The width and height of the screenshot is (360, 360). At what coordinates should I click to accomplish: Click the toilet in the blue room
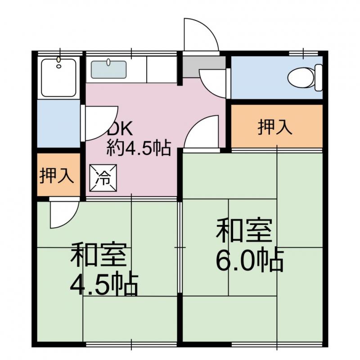click(x=301, y=77)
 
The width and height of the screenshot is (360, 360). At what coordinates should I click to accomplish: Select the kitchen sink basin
click(x=108, y=70)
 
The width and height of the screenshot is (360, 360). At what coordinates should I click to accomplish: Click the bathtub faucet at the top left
click(x=58, y=60)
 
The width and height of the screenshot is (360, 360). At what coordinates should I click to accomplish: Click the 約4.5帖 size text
click(x=139, y=147)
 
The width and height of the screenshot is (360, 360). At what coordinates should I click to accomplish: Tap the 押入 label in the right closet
click(x=275, y=128)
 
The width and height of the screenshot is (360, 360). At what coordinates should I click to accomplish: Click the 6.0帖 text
click(x=250, y=260)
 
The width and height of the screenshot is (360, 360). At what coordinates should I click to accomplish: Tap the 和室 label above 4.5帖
click(x=100, y=255)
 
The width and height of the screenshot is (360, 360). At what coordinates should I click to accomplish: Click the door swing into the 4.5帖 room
click(x=63, y=215)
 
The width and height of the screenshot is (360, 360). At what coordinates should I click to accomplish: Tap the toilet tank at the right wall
click(x=319, y=77)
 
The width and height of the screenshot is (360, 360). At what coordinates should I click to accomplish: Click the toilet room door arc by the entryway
click(x=213, y=82)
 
